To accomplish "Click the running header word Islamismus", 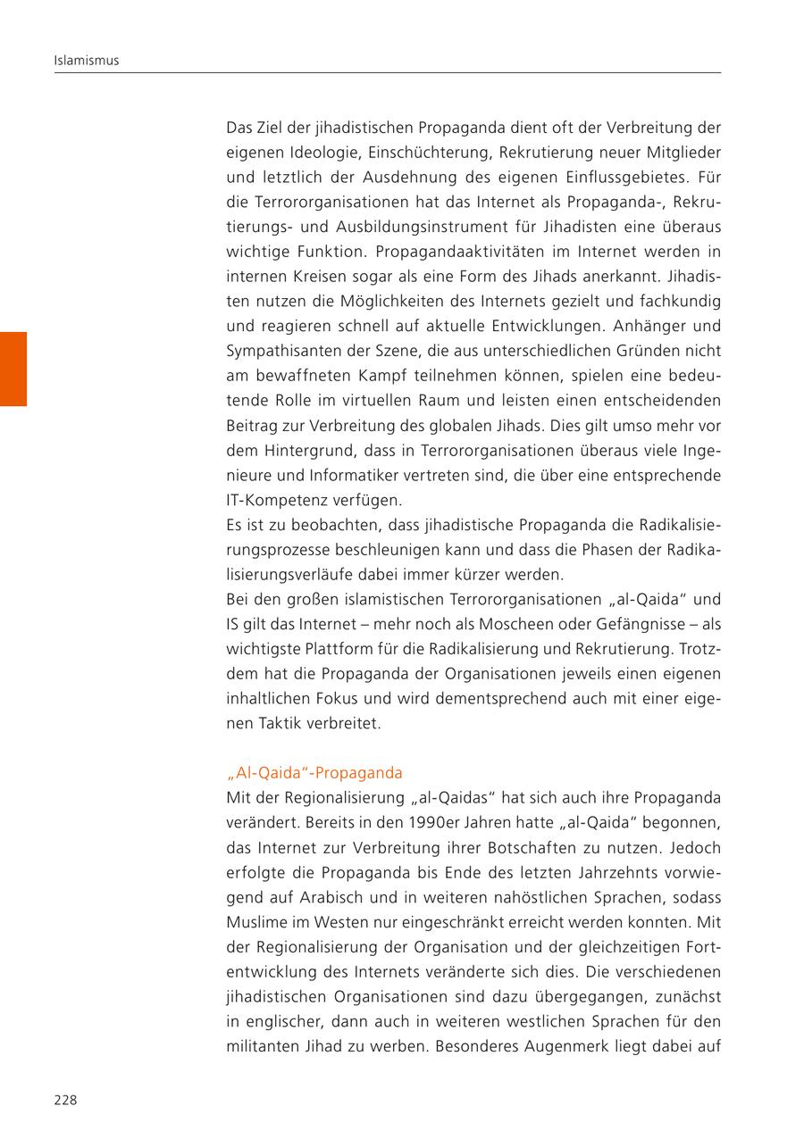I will tap(87, 61).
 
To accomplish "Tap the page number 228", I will tap(65, 1100).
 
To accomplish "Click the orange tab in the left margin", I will tap(13, 369).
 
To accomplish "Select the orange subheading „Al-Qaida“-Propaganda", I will tap(314, 772).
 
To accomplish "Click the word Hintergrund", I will tap(306, 450).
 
